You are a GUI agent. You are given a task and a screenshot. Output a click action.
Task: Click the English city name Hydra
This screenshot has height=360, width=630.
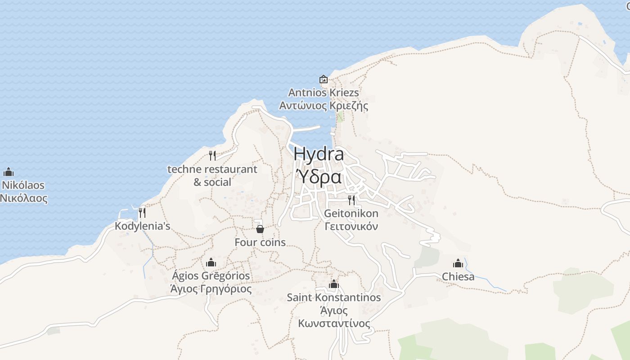319,154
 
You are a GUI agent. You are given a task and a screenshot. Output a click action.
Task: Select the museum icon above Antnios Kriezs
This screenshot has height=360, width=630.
324,80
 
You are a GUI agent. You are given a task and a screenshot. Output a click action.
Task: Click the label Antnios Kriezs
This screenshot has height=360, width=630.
324,93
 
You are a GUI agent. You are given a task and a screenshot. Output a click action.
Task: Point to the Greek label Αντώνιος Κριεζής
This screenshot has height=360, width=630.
324,106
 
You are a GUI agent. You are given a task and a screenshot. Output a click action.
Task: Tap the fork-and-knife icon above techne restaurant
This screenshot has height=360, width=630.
212,156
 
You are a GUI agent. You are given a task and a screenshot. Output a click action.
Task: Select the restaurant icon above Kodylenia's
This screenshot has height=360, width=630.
142,212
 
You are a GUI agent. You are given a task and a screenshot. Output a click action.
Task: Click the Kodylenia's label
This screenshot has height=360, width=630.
142,226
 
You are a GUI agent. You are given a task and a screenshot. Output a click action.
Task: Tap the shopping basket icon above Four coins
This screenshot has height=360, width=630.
260,229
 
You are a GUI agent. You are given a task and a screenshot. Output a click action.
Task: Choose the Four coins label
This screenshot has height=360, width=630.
260,242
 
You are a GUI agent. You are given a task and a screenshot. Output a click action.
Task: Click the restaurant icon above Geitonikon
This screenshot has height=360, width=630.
351,200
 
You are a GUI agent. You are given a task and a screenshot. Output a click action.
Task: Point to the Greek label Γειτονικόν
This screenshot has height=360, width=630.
351,226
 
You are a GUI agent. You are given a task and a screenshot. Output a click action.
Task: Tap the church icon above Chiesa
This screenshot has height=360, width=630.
458,263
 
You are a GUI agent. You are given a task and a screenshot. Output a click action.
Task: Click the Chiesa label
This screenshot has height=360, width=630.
458,276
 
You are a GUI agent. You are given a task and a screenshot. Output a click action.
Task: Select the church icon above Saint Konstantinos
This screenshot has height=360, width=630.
334,284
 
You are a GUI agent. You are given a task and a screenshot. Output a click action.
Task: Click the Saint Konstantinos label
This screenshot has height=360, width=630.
334,297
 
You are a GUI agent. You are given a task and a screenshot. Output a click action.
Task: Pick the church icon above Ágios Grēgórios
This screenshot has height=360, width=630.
211,262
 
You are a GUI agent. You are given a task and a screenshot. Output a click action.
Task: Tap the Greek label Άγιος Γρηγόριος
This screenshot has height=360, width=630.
211,288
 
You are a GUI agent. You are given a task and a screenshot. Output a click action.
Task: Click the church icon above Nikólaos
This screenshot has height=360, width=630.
9,172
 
